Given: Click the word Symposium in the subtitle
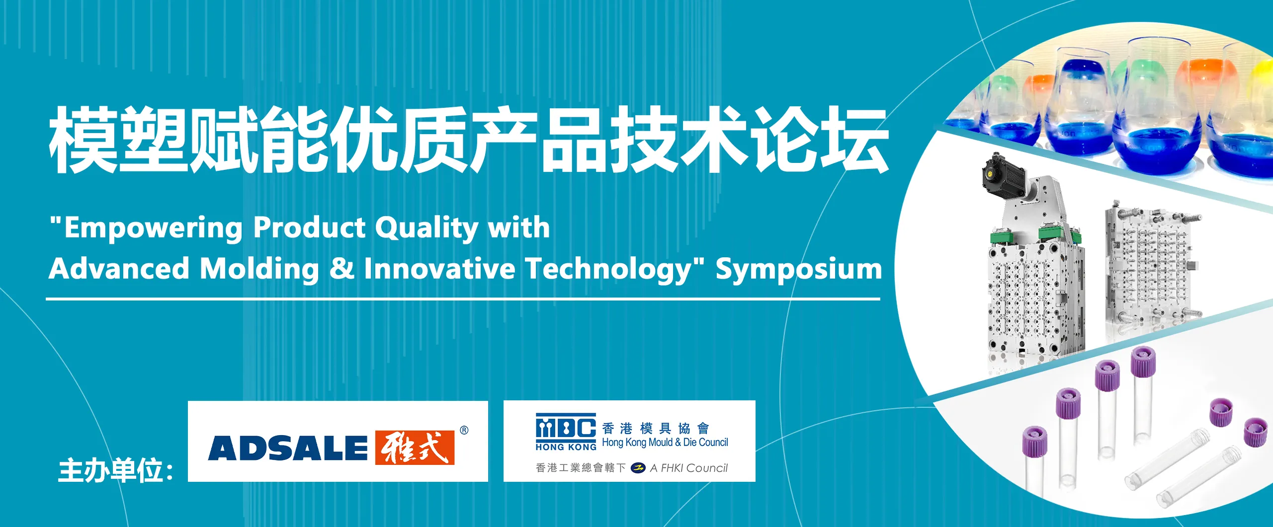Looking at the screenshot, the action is [799, 270].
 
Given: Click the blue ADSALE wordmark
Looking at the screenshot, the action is [288, 448].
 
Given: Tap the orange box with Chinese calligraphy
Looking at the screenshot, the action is [415, 448].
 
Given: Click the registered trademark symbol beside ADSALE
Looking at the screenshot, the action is [464, 430].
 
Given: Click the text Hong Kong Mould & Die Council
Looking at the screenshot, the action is [665, 442].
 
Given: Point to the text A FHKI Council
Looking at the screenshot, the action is [689, 468].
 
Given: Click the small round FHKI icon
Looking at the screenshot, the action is [638, 468].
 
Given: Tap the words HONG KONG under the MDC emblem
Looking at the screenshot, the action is [566, 447].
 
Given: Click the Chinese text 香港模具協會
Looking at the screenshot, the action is [656, 428].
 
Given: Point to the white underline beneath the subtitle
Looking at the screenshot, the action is [463, 299].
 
